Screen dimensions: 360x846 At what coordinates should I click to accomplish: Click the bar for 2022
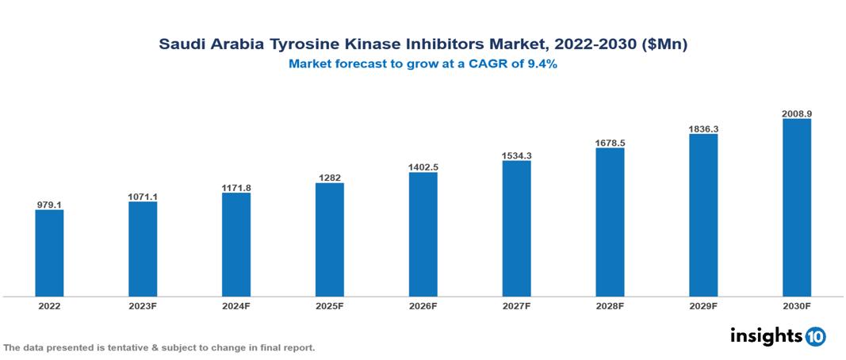[49, 253]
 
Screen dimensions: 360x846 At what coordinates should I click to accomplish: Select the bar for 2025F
[329, 239]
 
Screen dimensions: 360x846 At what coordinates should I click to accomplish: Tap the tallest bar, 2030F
[796, 208]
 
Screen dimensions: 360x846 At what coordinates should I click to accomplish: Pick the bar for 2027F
[516, 228]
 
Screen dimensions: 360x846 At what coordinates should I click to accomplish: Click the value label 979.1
[49, 205]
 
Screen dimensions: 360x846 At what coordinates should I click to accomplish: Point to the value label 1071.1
[143, 196]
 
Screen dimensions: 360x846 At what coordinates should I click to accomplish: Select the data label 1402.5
[423, 167]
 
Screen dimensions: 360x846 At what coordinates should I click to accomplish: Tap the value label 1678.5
[610, 143]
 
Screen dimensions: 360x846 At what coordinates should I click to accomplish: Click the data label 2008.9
[796, 113]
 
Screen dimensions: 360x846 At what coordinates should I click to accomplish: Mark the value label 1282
[329, 178]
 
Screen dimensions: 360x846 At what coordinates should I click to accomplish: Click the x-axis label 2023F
[143, 306]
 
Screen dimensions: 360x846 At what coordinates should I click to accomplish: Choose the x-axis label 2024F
[236, 306]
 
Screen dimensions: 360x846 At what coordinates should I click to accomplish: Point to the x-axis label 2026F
[423, 306]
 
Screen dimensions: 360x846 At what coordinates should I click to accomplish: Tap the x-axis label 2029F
[703, 306]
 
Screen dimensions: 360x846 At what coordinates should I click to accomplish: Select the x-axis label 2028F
[610, 306]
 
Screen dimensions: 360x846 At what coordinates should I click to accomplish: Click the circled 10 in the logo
[815, 336]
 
